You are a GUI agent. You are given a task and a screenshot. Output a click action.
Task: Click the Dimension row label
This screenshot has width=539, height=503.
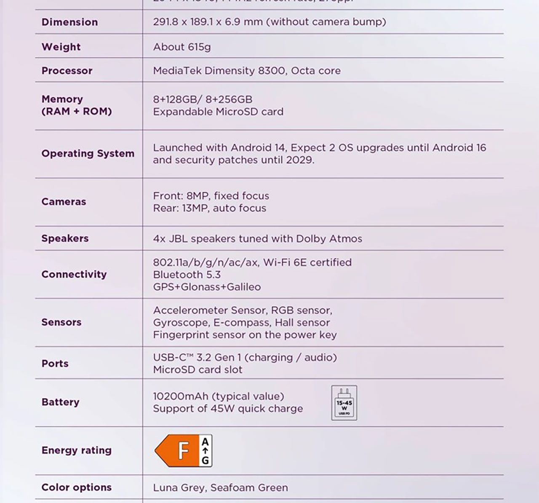click(x=69, y=22)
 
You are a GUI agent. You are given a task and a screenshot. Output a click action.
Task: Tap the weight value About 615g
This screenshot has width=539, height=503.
click(x=181, y=47)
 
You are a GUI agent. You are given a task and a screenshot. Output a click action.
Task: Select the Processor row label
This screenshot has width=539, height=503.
click(x=67, y=71)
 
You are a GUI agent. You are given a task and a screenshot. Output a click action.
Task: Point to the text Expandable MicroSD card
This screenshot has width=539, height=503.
click(x=218, y=112)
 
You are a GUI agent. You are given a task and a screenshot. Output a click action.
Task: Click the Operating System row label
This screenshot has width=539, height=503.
click(x=88, y=153)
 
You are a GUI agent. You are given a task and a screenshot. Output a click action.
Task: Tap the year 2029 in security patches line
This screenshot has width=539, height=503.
click(x=299, y=160)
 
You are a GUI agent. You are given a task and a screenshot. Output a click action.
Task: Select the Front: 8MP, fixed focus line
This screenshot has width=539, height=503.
click(x=211, y=196)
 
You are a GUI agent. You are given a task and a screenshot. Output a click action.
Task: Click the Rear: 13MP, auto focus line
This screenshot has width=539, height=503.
click(x=209, y=208)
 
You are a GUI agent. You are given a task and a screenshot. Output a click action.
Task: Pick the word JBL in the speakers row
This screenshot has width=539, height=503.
click(x=178, y=239)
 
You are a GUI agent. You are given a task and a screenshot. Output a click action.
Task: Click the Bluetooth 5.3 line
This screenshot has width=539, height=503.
click(x=187, y=275)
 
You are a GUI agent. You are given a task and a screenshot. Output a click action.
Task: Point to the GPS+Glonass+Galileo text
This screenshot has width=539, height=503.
click(x=207, y=287)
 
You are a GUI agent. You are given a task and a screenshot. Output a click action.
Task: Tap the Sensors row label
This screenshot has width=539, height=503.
click(x=61, y=322)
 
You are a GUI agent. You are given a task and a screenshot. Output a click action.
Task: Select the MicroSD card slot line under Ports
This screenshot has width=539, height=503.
click(x=197, y=370)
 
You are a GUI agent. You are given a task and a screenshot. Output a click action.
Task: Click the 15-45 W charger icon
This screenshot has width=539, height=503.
click(x=344, y=403)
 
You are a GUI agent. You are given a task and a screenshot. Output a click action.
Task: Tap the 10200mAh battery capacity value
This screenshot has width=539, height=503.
click(x=180, y=396)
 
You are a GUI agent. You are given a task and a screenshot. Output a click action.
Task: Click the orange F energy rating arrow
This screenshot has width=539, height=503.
click(x=178, y=451)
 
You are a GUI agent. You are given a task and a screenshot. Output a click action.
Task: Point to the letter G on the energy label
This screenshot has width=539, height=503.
click(x=205, y=460)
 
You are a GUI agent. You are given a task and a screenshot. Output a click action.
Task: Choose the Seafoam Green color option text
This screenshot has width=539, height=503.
click(x=249, y=488)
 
